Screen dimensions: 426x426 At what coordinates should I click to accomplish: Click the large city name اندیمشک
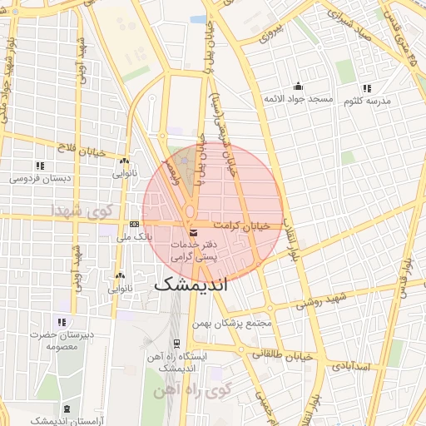202,283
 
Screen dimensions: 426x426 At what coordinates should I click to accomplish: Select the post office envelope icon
194,232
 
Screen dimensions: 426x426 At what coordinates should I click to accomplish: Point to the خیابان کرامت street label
242,225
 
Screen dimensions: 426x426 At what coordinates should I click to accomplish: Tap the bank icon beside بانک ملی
135,225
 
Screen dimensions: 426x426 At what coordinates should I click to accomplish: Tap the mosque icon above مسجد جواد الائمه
298,87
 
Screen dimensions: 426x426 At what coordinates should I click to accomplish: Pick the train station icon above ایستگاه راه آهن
176,343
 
